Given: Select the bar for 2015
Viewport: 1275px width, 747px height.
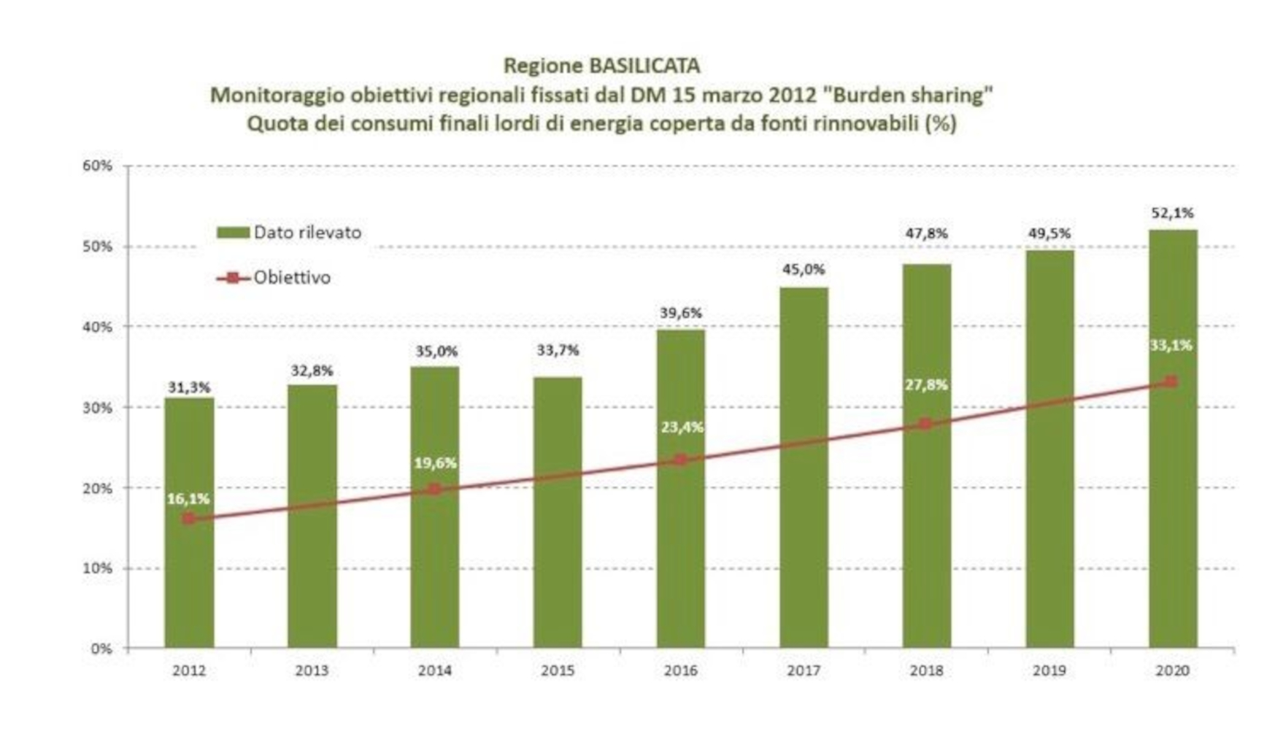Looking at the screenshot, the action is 558,513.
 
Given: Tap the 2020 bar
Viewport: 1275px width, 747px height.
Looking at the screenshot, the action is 1173,439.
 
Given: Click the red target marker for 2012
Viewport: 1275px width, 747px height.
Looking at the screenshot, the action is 189,519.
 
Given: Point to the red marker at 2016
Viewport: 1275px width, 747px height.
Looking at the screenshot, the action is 681,460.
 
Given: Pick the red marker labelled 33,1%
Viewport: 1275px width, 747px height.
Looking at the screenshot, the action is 1171,382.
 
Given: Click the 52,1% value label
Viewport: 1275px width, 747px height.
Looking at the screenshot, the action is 1172,213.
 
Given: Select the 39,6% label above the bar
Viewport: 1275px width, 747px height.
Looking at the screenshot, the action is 681,313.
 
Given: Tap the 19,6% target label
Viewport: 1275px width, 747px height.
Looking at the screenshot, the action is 435,463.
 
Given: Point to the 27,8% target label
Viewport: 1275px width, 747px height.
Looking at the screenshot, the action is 926,384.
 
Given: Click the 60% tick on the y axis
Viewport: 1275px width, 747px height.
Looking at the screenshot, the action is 98,166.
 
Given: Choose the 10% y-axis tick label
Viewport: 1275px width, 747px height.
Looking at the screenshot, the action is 98,568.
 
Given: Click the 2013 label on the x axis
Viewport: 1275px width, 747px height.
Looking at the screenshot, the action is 312,670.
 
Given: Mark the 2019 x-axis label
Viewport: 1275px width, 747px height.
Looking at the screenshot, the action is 1049,670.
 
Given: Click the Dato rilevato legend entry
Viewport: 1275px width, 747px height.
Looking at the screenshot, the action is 290,233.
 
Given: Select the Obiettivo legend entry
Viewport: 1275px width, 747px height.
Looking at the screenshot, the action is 274,278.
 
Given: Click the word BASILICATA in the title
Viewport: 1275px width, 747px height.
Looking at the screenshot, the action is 644,66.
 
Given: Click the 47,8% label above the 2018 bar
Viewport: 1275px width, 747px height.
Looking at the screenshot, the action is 926,233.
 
